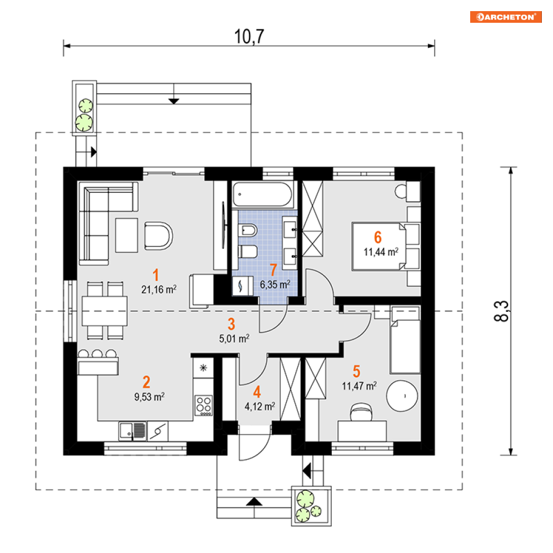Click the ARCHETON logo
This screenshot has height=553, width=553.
point(505,17)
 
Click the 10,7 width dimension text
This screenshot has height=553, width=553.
point(248,36)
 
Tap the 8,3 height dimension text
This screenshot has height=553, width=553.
point(502,311)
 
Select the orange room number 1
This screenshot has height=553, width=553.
point(157,275)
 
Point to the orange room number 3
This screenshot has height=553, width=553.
point(232,324)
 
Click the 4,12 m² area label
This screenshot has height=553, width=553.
point(260,406)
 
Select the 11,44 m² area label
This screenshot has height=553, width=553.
point(380,252)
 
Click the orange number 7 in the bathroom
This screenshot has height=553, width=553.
point(273,270)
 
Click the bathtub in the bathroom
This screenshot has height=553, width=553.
point(262,194)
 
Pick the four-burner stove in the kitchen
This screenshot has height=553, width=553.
point(204,405)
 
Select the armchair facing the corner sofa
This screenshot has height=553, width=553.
point(158,235)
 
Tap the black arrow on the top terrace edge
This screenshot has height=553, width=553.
point(174,101)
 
